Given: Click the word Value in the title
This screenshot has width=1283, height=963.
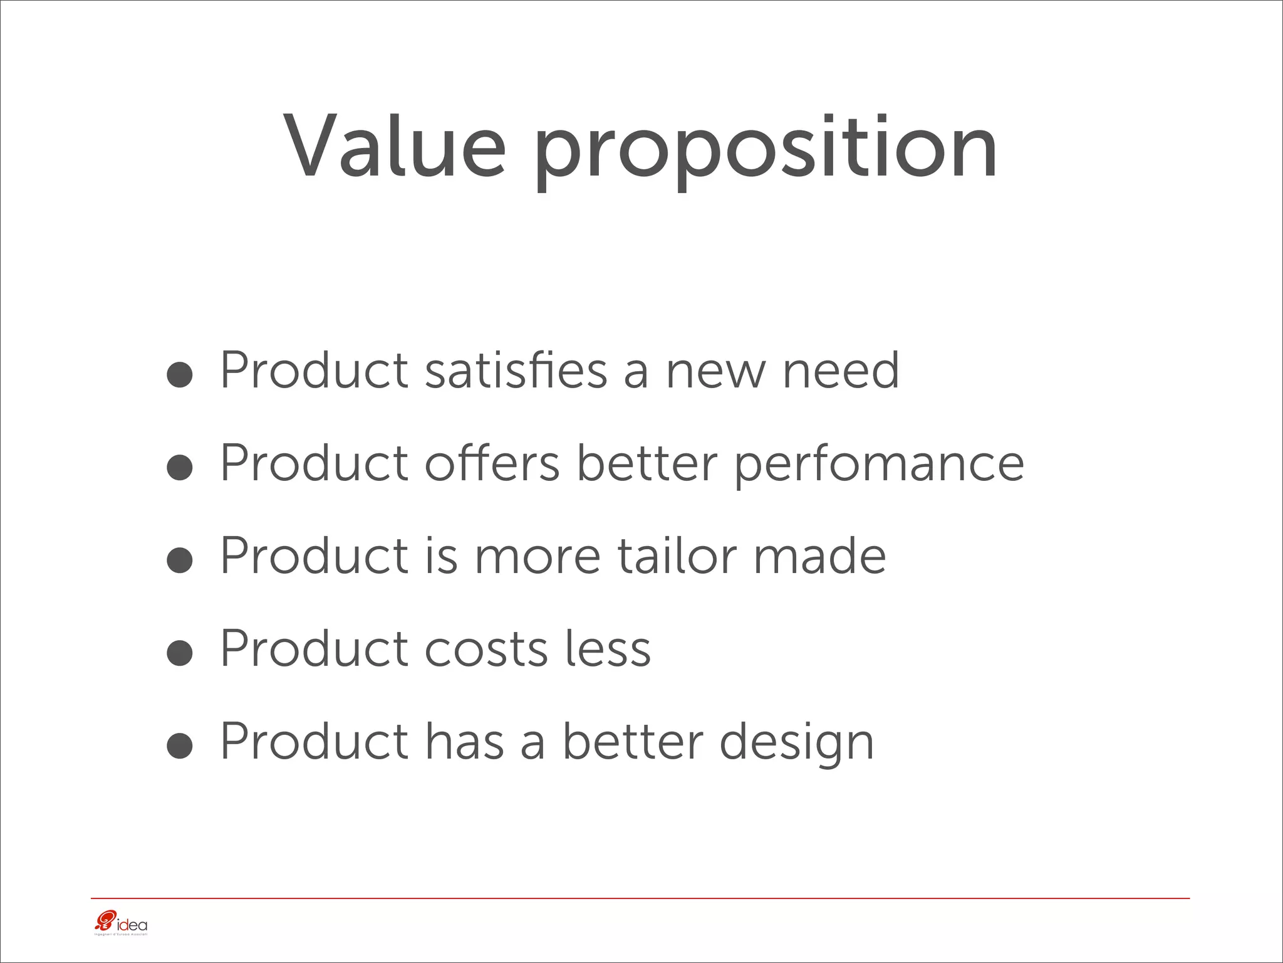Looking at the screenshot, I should pos(395,147).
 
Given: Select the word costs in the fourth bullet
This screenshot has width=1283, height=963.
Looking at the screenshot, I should pos(486,648).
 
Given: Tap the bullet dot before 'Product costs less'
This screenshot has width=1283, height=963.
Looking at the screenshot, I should pos(180,653).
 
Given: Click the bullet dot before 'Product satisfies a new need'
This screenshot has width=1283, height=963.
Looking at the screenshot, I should pos(180,375).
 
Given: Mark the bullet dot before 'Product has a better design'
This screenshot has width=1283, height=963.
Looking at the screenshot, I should pos(180,746).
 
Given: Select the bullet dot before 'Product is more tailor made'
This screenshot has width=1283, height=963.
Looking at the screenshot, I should pos(180,560).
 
